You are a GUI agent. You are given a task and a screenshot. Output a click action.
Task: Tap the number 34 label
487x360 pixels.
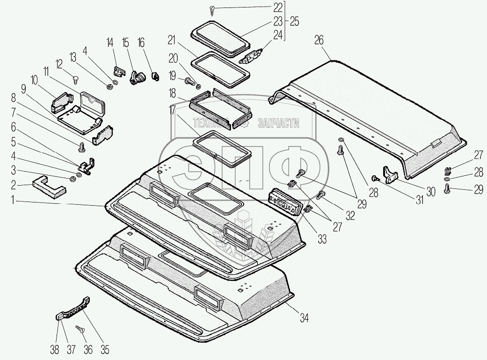[x=304, y=319]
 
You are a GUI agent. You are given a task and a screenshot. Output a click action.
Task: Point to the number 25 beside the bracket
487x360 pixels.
[x=295, y=22]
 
